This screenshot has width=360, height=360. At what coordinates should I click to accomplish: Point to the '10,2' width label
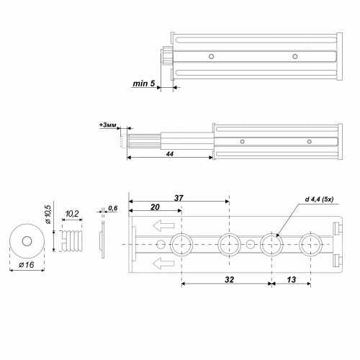coord(73,215)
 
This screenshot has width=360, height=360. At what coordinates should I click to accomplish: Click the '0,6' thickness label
coord(112,210)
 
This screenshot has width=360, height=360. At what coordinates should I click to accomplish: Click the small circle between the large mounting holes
coord(251,245)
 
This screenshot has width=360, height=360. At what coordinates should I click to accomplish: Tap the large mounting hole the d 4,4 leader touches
coord(271,245)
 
